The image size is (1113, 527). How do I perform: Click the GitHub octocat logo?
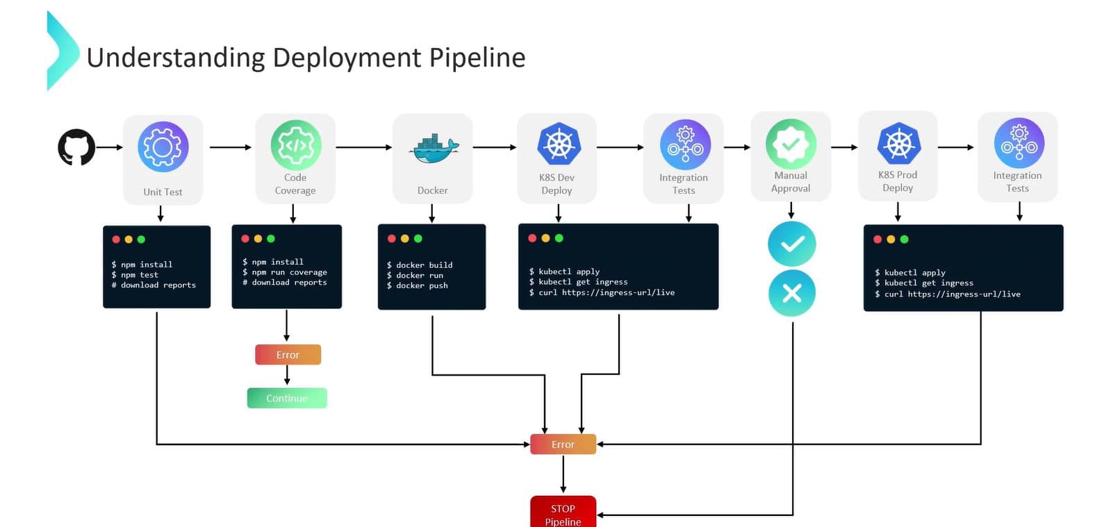pyautogui.click(x=76, y=147)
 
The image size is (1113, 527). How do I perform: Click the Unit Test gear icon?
pyautogui.click(x=163, y=147)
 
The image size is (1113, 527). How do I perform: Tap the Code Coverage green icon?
pyautogui.click(x=295, y=145)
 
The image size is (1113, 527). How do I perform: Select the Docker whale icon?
pyautogui.click(x=434, y=147)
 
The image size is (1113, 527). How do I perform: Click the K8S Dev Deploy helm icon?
pyautogui.click(x=558, y=144)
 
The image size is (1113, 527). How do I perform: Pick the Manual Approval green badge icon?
pyautogui.click(x=791, y=144)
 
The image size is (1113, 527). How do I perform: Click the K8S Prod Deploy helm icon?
pyautogui.click(x=898, y=144)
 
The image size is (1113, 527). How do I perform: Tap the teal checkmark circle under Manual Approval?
pyautogui.click(x=791, y=244)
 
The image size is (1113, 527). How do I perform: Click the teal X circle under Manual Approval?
pyautogui.click(x=791, y=293)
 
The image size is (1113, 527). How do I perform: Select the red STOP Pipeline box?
pyautogui.click(x=563, y=512)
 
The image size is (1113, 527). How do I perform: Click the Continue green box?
pyautogui.click(x=287, y=398)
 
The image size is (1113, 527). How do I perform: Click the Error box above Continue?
pyautogui.click(x=288, y=355)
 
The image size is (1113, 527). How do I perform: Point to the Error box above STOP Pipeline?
pyautogui.click(x=563, y=444)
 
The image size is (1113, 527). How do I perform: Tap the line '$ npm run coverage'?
pyautogui.click(x=285, y=272)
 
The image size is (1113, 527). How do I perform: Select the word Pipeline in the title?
pyautogui.click(x=477, y=58)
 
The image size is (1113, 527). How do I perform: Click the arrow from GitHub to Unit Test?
pyautogui.click(x=109, y=147)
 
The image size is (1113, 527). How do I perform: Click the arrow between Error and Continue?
pyautogui.click(x=287, y=376)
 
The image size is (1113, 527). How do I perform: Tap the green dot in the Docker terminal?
pyautogui.click(x=418, y=239)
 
